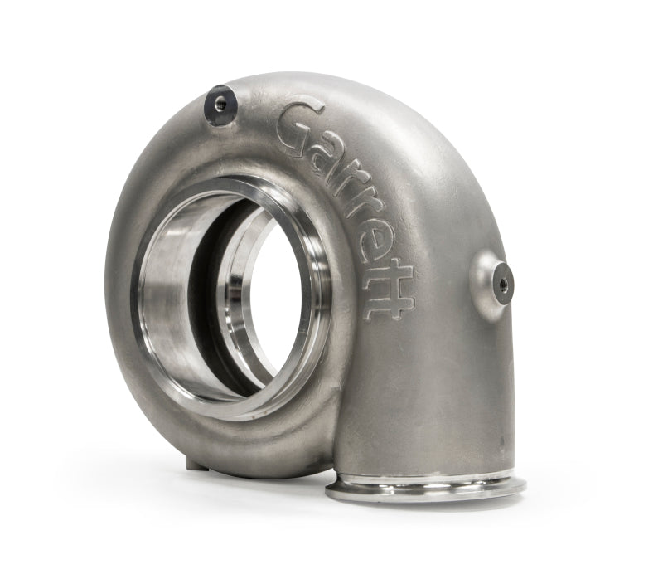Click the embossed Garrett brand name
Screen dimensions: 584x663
[x=348, y=207]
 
